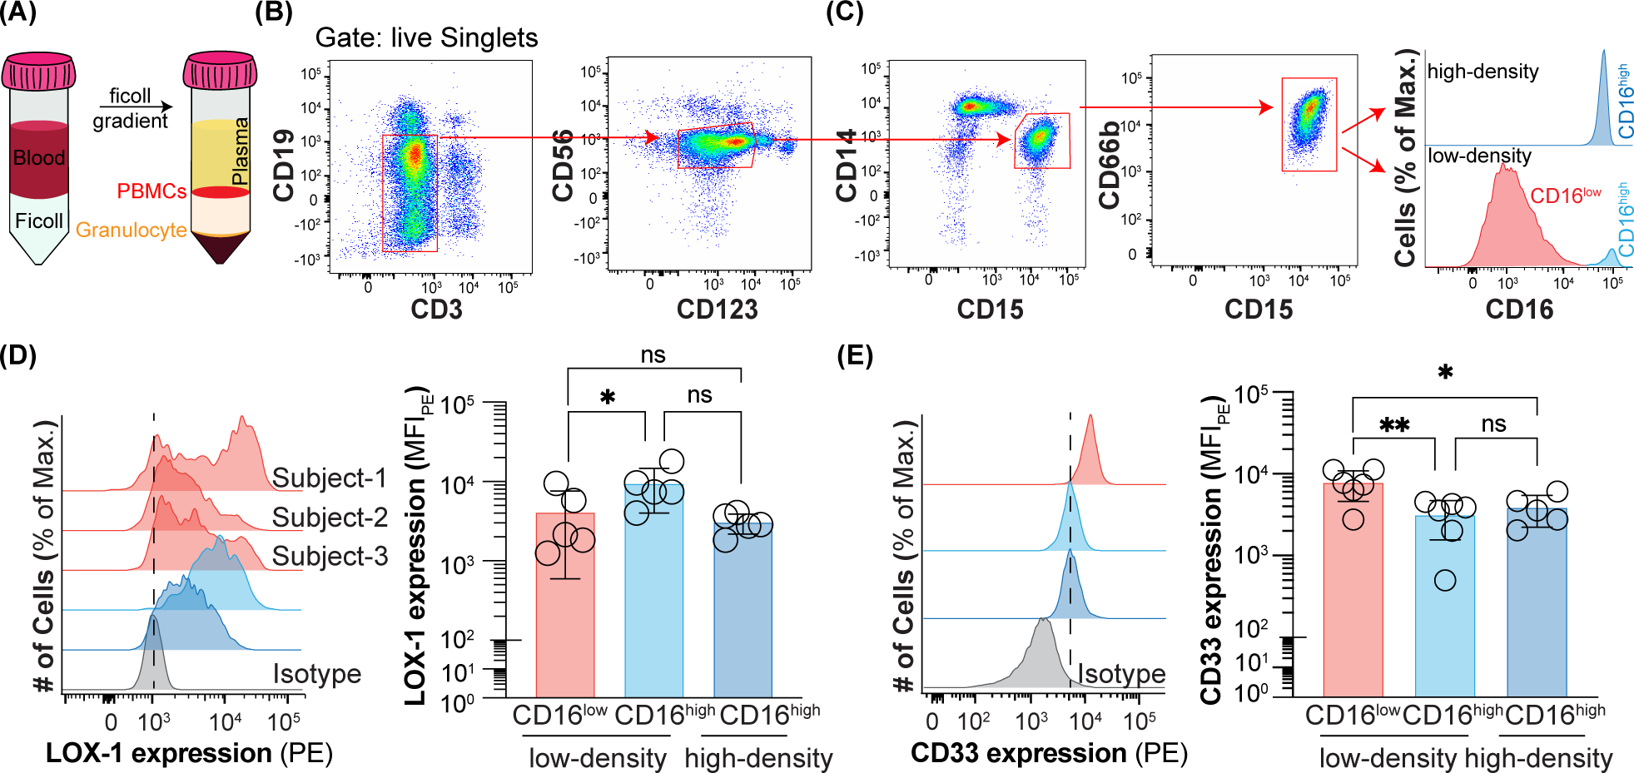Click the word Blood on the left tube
point(38,158)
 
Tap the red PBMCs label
point(151,191)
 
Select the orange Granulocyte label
point(131,230)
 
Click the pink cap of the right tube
point(220,71)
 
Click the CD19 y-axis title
point(284,166)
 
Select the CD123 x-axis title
point(717,310)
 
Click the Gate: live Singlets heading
point(426,38)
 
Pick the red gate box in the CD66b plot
point(1309,125)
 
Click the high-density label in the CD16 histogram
point(1483,72)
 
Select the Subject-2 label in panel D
point(330,518)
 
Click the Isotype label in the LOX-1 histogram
point(316,674)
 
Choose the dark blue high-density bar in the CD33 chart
point(1537,607)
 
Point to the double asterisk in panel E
point(1394,426)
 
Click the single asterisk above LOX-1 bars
point(608,398)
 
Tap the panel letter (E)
point(855,355)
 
